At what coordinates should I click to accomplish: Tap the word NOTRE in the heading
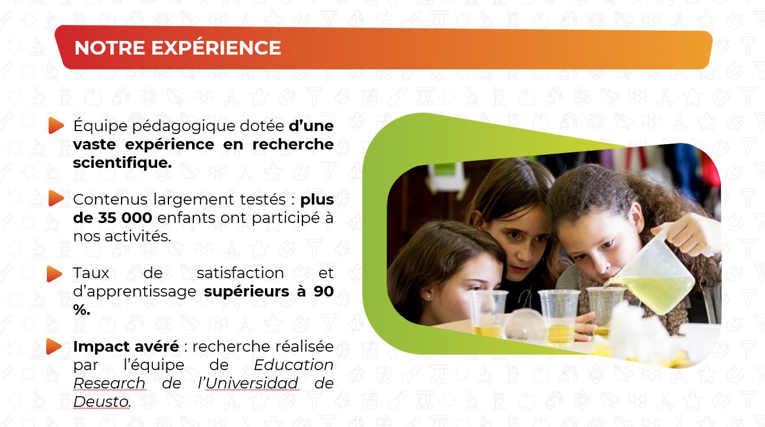click(110, 48)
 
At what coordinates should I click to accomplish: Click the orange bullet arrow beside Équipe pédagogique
click(56, 125)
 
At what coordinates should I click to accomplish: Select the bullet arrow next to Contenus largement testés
click(56, 198)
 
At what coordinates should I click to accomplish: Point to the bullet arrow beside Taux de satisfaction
click(55, 274)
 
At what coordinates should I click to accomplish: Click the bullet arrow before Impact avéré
click(54, 346)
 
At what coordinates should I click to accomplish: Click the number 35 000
click(125, 218)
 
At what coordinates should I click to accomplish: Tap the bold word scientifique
click(122, 163)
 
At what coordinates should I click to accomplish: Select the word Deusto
click(102, 401)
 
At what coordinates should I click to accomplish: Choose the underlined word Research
click(109, 384)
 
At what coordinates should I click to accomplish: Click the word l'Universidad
click(248, 383)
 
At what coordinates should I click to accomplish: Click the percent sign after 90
click(82, 310)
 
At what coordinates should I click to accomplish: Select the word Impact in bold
click(101, 347)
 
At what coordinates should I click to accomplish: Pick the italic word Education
click(294, 365)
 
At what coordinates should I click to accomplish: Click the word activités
click(138, 237)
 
